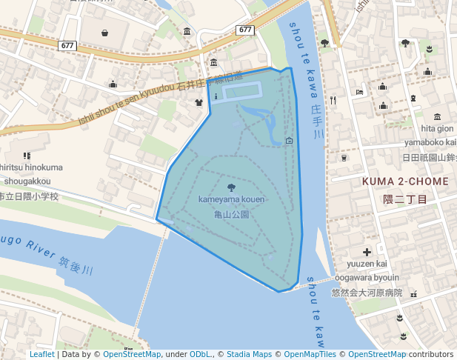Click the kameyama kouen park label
click(x=231, y=199)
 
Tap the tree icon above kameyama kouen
click(x=231, y=187)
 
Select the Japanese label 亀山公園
click(x=231, y=214)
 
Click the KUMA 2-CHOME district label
click(x=405, y=181)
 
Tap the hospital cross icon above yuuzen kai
click(x=367, y=252)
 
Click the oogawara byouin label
click(x=367, y=278)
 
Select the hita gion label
click(x=437, y=128)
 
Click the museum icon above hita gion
click(x=437, y=116)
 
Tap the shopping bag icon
click(x=104, y=33)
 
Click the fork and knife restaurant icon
click(x=334, y=99)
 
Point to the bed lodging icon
click(x=359, y=92)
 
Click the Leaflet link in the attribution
click(x=41, y=355)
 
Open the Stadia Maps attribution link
click(x=249, y=355)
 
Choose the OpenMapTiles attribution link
click(x=310, y=355)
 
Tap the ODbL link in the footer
click(x=201, y=355)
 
